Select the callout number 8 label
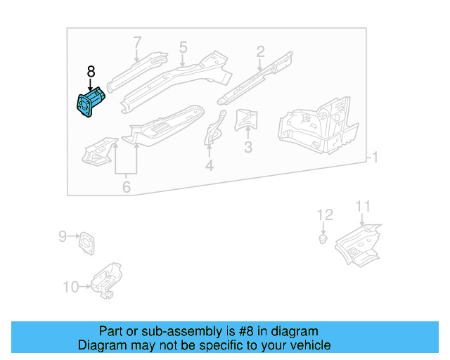coord(91,72)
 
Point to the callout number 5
coord(183,47)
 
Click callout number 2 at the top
coord(260,51)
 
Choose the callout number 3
coord(247,147)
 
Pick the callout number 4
coord(209,166)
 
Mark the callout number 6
coord(127,186)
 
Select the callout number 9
coord(62,237)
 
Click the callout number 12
coord(323,214)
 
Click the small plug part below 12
coord(323,240)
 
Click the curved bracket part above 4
coord(213,128)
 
